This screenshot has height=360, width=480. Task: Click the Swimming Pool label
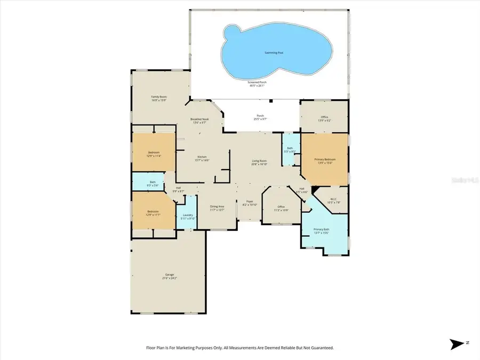274,53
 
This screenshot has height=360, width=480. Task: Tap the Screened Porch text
258,83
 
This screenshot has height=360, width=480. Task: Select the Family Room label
159,97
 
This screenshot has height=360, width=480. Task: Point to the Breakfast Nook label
199,119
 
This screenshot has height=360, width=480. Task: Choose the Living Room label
259,161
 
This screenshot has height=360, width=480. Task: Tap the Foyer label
250,203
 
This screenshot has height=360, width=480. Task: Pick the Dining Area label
217,208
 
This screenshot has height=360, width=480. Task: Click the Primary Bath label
321,230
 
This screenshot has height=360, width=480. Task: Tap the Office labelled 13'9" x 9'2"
324,117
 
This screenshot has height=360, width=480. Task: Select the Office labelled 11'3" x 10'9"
281,207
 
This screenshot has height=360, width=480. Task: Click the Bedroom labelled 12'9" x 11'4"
154,154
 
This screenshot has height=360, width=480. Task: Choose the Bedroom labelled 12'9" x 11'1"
154,212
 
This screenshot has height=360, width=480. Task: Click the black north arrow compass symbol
457,345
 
